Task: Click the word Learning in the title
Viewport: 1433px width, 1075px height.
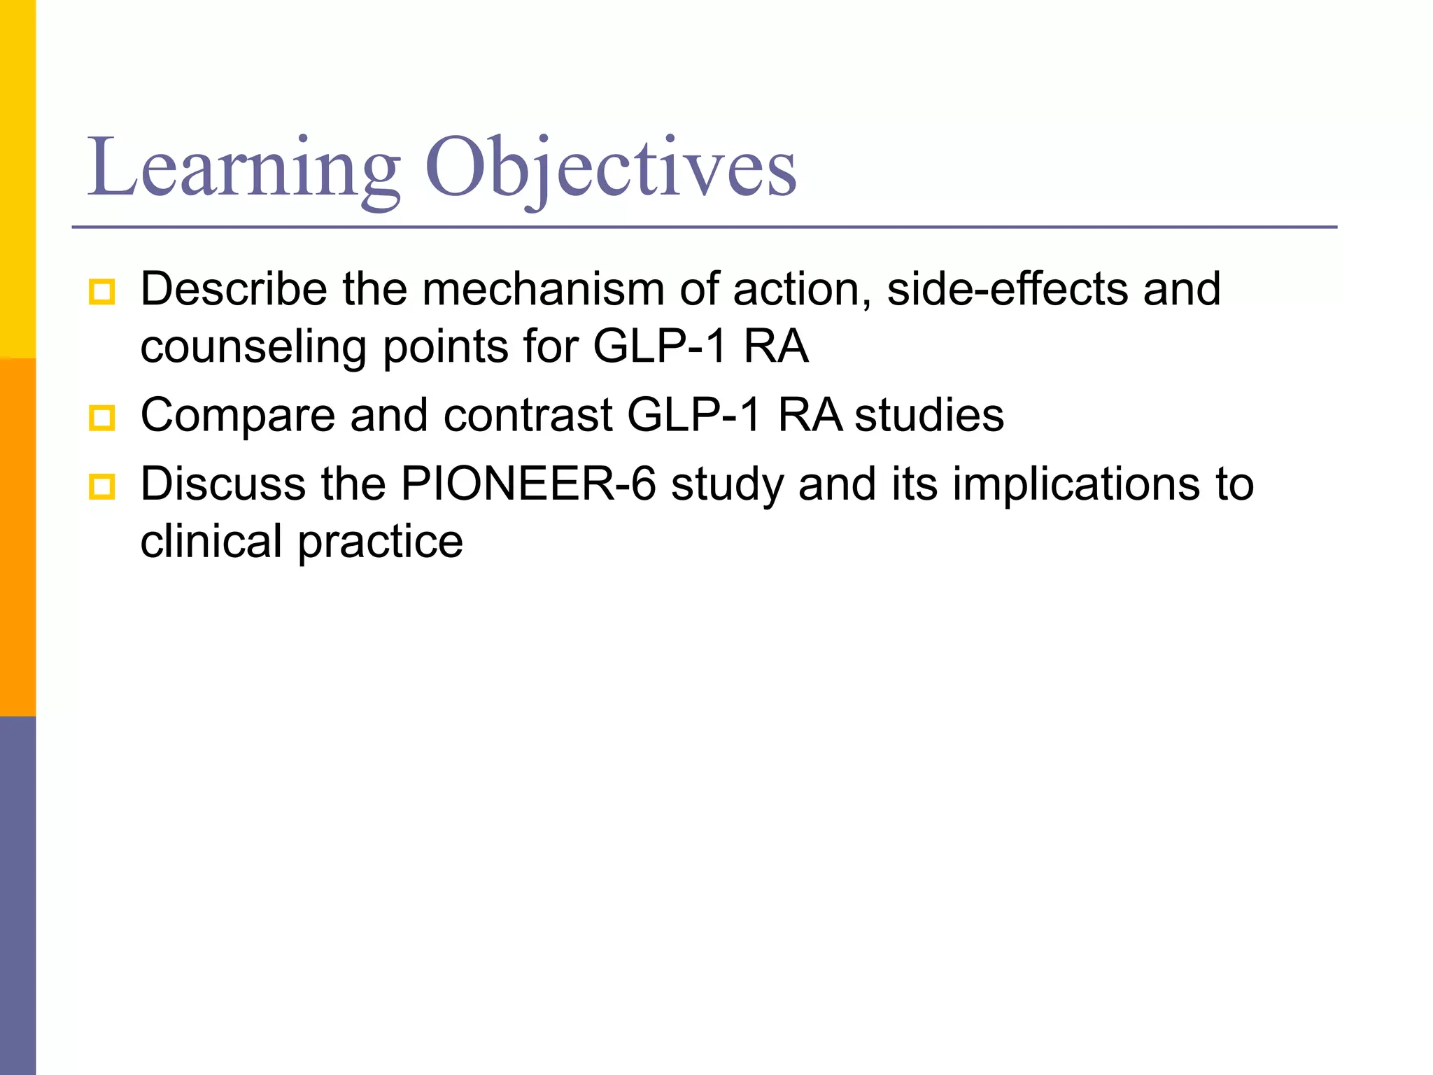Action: click(x=243, y=168)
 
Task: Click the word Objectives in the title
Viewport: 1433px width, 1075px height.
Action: click(x=610, y=168)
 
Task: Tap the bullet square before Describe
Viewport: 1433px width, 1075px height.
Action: click(x=102, y=291)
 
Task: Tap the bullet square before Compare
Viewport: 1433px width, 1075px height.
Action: click(x=102, y=418)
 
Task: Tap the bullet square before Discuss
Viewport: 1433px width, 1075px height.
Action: click(x=102, y=486)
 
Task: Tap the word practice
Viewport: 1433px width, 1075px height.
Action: click(x=381, y=542)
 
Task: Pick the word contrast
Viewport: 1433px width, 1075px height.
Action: click(x=528, y=415)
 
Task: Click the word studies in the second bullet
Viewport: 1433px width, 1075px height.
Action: click(x=929, y=415)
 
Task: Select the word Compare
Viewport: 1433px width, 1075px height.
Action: click(x=238, y=416)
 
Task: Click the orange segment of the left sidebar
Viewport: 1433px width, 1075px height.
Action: click(x=17, y=537)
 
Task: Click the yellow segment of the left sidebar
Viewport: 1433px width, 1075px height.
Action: click(x=17, y=178)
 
